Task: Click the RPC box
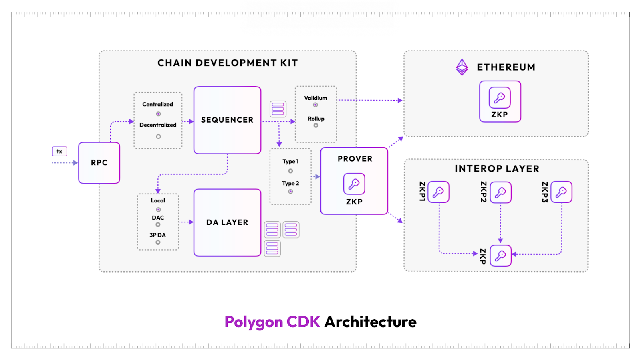pyautogui.click(x=99, y=163)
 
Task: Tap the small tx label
pyautogui.click(x=59, y=151)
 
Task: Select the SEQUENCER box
pyautogui.click(x=227, y=120)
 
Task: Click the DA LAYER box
pyautogui.click(x=227, y=222)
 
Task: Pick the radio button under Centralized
pyautogui.click(x=158, y=114)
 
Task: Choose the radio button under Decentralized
pyautogui.click(x=158, y=136)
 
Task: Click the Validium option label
pyautogui.click(x=316, y=98)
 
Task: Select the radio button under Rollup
pyautogui.click(x=316, y=125)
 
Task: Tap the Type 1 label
pyautogui.click(x=290, y=161)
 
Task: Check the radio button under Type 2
pyautogui.click(x=290, y=192)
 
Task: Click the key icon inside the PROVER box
pyautogui.click(x=354, y=184)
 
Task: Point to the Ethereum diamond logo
pyautogui.click(x=462, y=67)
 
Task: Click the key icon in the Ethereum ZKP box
pyautogui.click(x=500, y=98)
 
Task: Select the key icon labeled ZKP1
pyautogui.click(x=438, y=192)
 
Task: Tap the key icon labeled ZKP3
pyautogui.click(x=561, y=192)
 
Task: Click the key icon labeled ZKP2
pyautogui.click(x=500, y=192)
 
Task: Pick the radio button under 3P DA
pyautogui.click(x=158, y=242)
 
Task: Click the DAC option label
pyautogui.click(x=158, y=218)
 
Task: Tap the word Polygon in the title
pyautogui.click(x=254, y=322)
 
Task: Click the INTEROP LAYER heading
pyautogui.click(x=497, y=169)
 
